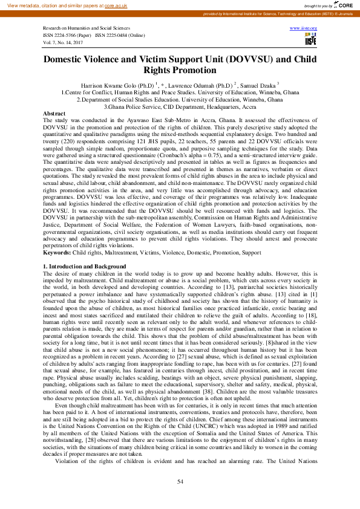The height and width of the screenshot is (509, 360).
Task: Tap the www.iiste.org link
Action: [304, 28]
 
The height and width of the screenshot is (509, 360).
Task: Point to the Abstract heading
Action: [54, 114]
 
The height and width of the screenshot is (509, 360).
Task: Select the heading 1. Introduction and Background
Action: [85, 267]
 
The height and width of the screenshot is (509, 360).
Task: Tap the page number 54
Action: [180, 481]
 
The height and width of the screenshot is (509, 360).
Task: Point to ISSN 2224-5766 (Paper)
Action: [67, 36]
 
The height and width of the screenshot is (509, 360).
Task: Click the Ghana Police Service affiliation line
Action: [180, 106]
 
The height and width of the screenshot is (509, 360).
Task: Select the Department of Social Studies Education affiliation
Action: [180, 100]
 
